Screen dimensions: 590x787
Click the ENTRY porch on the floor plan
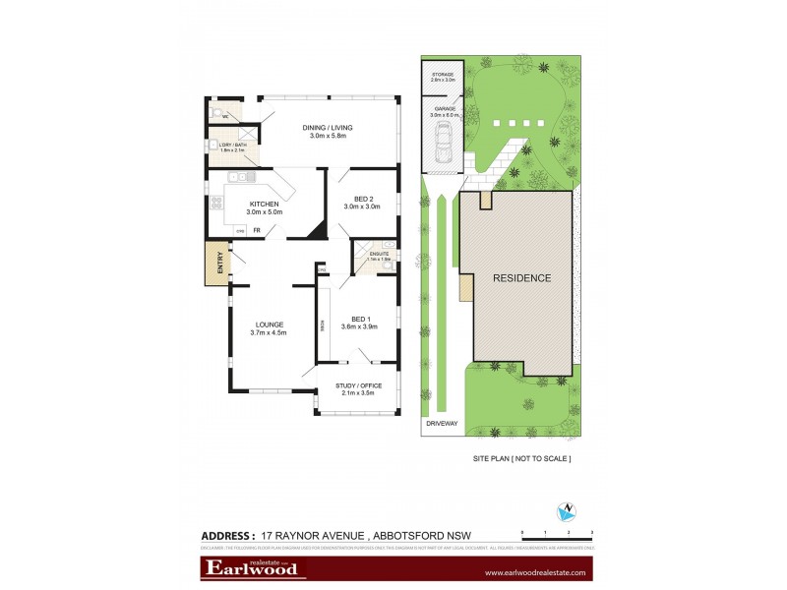coord(214,264)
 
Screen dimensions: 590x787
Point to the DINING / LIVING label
coord(328,128)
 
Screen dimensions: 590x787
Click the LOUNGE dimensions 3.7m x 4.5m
coord(269,332)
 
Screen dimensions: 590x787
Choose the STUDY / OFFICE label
coord(358,385)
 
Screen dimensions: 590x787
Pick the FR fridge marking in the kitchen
coord(256,230)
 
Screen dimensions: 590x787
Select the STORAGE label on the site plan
coord(441,72)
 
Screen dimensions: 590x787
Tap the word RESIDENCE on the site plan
coord(521,277)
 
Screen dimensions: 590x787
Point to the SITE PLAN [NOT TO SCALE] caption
coord(522,458)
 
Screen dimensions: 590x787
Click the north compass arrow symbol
coord(566,510)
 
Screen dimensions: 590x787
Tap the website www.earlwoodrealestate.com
coord(536,572)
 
